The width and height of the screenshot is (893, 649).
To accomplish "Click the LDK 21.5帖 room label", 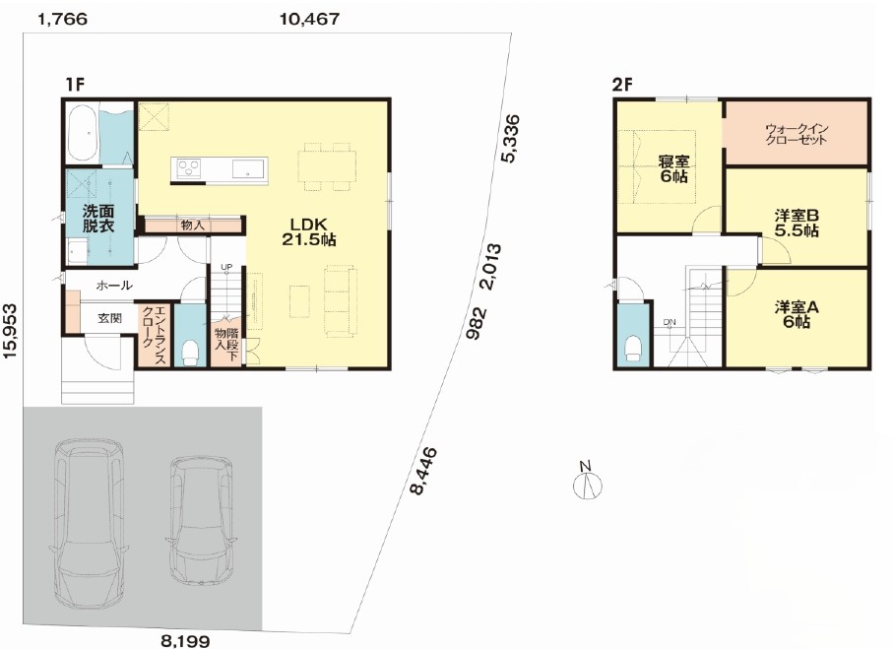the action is click(x=309, y=231).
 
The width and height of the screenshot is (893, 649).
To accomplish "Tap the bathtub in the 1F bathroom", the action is click(x=83, y=133).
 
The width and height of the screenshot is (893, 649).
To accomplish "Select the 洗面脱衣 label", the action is click(x=98, y=219).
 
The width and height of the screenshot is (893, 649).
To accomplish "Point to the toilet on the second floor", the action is click(x=631, y=349).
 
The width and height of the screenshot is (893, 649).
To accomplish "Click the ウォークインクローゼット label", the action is click(x=797, y=134).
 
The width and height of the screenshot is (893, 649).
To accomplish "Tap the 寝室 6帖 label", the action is click(x=673, y=168).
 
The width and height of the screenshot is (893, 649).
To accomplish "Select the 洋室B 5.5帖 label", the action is click(x=797, y=223).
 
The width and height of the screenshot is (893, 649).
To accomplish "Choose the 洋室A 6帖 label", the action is click(x=797, y=314).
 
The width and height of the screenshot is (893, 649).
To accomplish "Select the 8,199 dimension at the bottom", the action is click(x=185, y=641).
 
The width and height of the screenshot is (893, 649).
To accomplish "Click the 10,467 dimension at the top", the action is click(x=310, y=19).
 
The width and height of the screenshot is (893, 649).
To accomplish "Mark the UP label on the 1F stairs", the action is click(x=226, y=266).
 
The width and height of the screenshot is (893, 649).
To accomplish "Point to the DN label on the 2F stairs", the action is click(x=670, y=322).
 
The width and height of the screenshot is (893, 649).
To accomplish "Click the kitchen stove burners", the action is click(x=189, y=168).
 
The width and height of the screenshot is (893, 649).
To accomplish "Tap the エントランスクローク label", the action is click(x=154, y=335).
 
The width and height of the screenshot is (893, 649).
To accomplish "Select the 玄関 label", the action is click(x=109, y=318).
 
